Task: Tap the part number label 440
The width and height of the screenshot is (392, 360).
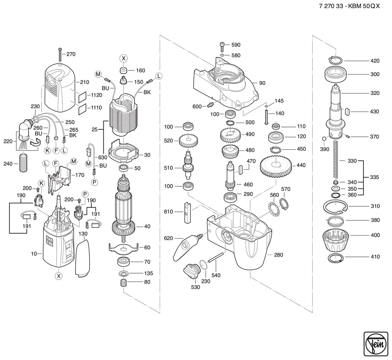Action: tap(301, 165)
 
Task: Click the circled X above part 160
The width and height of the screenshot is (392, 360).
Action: tap(123, 58)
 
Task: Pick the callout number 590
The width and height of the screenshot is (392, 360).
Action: tap(236, 45)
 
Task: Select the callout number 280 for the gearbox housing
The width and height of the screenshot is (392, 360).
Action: tap(278, 255)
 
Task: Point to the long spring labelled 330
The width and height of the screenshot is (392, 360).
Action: tap(335, 159)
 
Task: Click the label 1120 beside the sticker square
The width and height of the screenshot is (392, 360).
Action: tap(97, 95)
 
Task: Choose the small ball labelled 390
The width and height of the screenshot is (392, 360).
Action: tap(324, 138)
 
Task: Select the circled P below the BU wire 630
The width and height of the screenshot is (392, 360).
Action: tap(95, 182)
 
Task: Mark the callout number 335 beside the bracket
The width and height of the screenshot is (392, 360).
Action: tap(374, 177)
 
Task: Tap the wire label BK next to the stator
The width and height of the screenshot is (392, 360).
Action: tap(147, 92)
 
